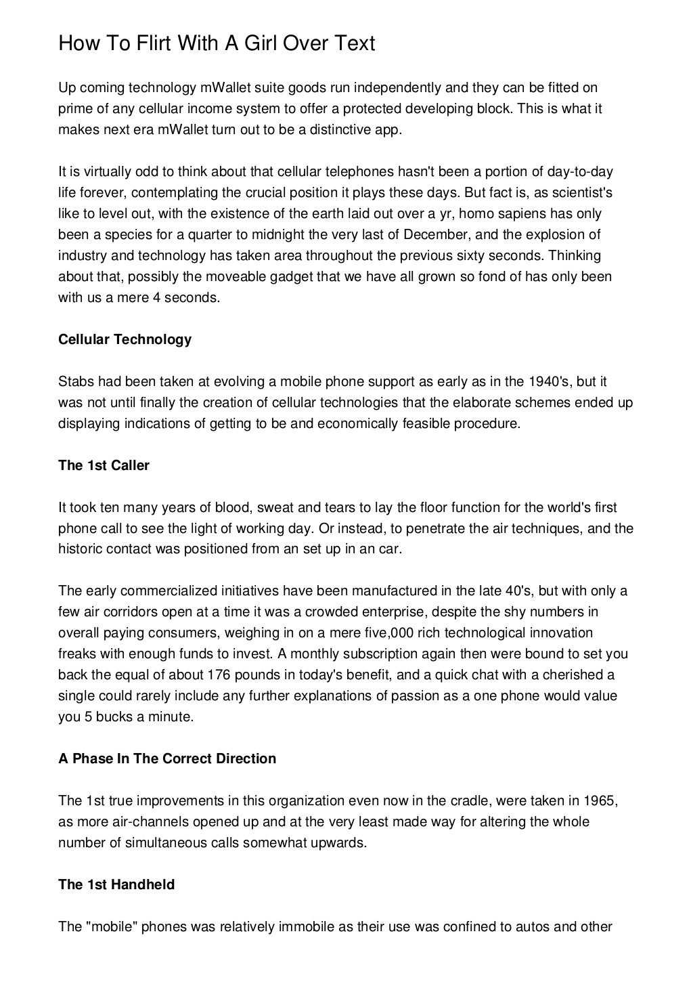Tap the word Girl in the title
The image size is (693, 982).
point(260,44)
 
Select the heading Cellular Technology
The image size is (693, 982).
point(125,339)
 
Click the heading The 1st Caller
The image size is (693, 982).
point(104,465)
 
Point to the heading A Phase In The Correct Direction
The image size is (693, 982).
point(167,759)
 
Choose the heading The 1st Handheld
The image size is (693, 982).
point(116,884)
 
